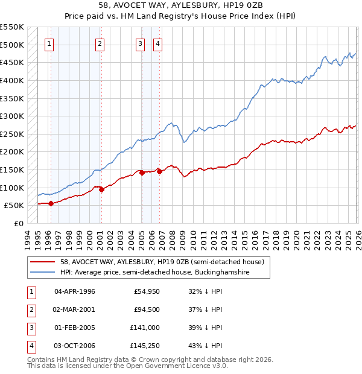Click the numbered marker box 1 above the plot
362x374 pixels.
pos(49,43)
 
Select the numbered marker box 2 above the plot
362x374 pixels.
pos(100,43)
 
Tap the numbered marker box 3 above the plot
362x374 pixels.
pos(140,43)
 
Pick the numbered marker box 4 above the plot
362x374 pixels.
pos(157,43)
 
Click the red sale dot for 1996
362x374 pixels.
pos(51,203)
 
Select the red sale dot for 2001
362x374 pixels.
pos(101,189)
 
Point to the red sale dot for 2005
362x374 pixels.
pos(142,173)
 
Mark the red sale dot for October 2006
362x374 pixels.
pos(159,171)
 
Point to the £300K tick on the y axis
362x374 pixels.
pos(12,116)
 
